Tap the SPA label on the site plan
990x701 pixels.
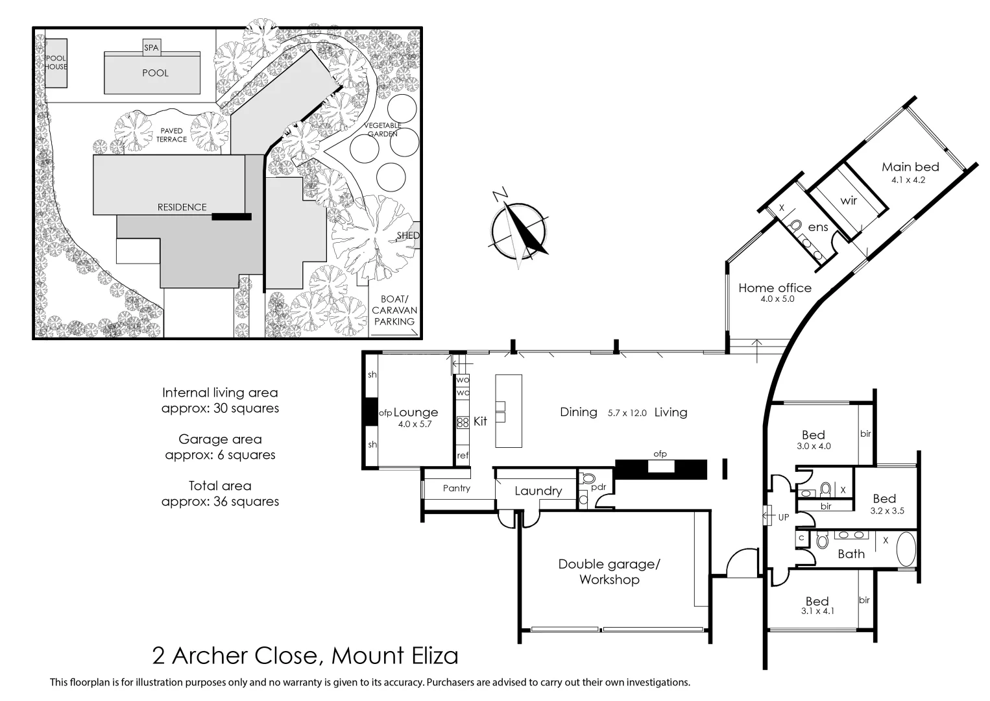tap(151, 47)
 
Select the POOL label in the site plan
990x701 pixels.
tap(155, 73)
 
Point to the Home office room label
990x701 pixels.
tap(775, 288)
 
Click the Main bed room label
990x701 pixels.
tap(910, 167)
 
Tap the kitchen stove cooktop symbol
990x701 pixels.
tap(463, 423)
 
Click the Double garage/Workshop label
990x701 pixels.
tap(609, 572)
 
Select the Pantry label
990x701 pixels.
tap(456, 488)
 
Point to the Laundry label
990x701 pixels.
tap(538, 491)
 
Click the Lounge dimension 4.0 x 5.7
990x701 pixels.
tap(415, 424)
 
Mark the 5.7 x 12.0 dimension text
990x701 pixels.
tap(627, 413)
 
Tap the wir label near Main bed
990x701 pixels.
tap(849, 201)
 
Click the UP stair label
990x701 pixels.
tap(784, 517)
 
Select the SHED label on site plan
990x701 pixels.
tap(409, 236)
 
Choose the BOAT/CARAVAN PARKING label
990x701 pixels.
tap(393, 310)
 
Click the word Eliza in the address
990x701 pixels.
tap(431, 656)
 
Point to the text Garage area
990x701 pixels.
tap(220, 439)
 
